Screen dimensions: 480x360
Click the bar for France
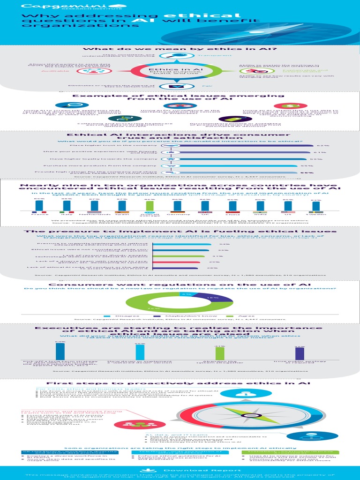[39, 205]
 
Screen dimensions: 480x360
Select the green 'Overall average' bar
[150, 206]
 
